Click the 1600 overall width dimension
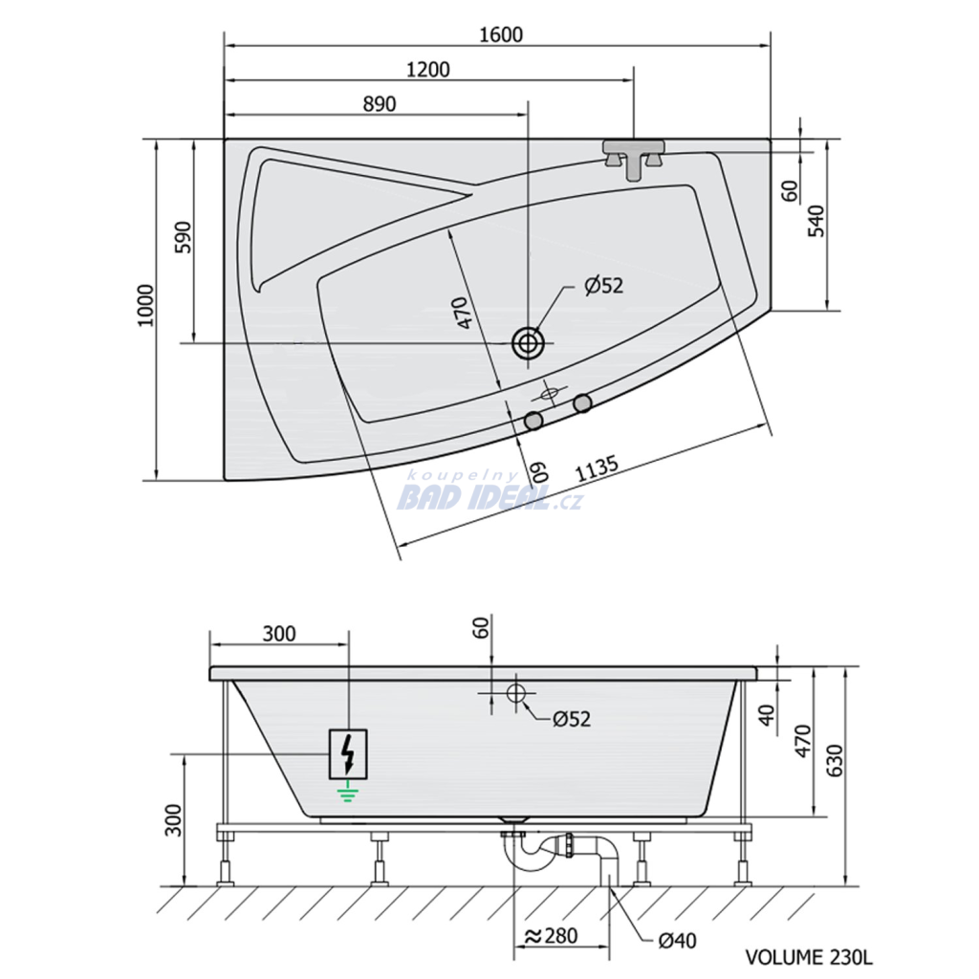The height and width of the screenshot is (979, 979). pyautogui.click(x=501, y=34)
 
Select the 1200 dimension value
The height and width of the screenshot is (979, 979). pyautogui.click(x=427, y=69)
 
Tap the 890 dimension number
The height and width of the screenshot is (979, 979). pyautogui.click(x=380, y=103)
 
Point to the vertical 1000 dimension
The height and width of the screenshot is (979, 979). pyautogui.click(x=145, y=305)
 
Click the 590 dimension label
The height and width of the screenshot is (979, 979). pyautogui.click(x=184, y=237)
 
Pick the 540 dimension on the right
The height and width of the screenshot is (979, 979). pyautogui.click(x=816, y=221)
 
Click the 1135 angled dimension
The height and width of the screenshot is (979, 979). pyautogui.click(x=597, y=468)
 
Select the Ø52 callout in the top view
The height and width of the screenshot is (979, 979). pyautogui.click(x=604, y=286)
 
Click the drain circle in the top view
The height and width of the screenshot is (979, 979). pyautogui.click(x=528, y=343)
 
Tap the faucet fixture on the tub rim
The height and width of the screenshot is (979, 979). pyautogui.click(x=633, y=158)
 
